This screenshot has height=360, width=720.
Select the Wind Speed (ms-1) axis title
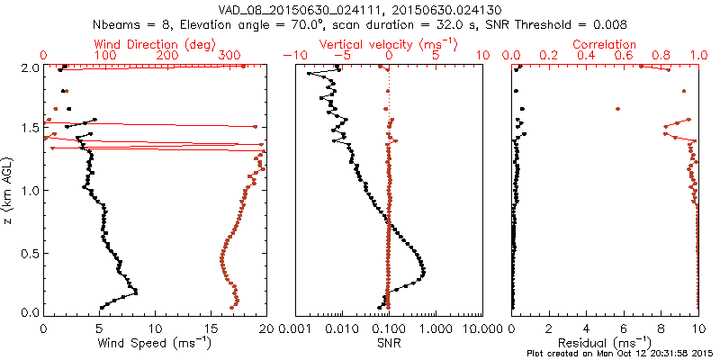(156, 343)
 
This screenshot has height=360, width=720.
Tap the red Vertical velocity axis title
(389, 44)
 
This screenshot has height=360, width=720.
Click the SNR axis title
(389, 343)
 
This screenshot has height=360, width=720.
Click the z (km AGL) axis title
(9, 190)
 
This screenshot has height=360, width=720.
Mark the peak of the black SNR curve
(424, 272)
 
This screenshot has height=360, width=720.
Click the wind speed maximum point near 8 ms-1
(136, 292)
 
